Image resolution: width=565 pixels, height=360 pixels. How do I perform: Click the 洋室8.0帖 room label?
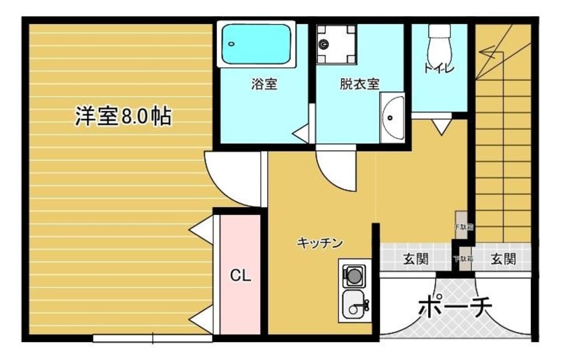click(x=122, y=116)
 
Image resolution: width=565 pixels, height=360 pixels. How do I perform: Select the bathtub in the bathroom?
click(x=257, y=45)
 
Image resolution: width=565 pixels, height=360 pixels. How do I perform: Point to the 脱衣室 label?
click(x=359, y=85)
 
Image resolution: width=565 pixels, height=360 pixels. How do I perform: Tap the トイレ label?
click(x=439, y=67)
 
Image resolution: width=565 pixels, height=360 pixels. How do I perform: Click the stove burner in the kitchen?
click(x=353, y=275)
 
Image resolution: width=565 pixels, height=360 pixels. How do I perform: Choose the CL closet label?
click(x=240, y=275)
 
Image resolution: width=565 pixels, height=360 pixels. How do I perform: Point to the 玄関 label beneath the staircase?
click(x=504, y=259)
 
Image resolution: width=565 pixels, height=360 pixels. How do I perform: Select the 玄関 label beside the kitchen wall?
click(x=415, y=259)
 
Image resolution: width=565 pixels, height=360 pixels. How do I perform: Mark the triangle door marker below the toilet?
click(x=440, y=126)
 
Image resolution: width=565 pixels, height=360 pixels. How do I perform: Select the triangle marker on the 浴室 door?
click(x=300, y=132)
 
